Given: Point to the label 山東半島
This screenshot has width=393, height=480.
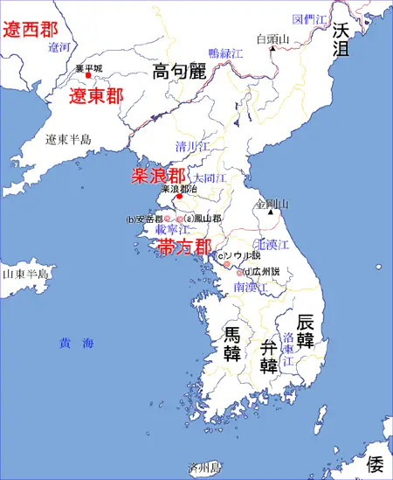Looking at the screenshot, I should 25,273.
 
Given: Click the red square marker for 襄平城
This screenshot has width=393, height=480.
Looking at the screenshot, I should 88,75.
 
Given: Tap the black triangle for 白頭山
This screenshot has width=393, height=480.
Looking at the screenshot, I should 272,49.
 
